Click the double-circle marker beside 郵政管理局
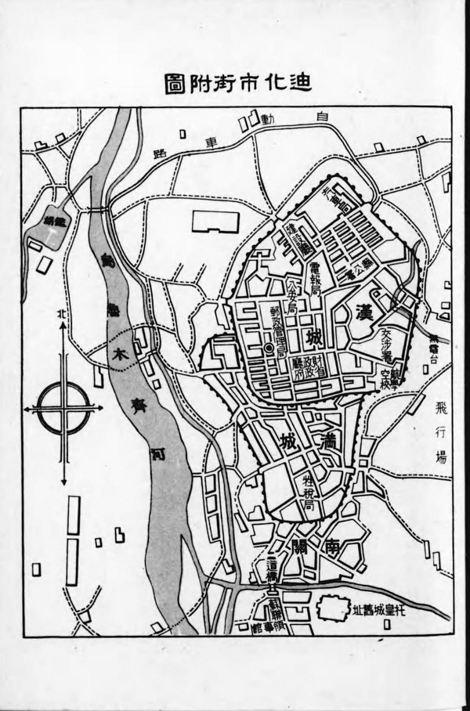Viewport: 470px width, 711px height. point(268,347)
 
